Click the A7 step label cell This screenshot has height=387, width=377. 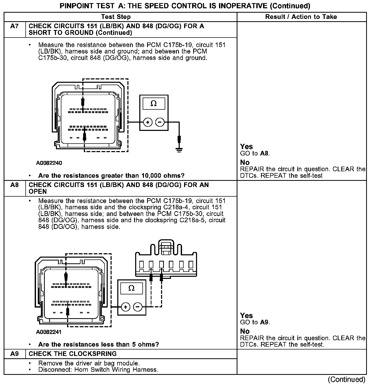click(x=15, y=26)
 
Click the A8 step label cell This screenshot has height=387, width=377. click(x=15, y=185)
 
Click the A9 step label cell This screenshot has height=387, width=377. click(x=15, y=354)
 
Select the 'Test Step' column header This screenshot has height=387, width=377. click(x=116, y=17)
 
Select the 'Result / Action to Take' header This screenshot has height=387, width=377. click(x=301, y=17)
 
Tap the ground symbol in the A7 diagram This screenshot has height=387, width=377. click(x=179, y=149)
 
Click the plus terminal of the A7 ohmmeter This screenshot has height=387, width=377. click(x=148, y=122)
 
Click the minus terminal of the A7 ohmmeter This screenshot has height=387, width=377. click(x=160, y=122)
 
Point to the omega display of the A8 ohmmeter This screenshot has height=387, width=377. click(x=131, y=288)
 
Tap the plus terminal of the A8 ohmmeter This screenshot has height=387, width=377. click(x=126, y=307)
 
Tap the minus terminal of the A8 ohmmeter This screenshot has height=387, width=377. click(x=137, y=307)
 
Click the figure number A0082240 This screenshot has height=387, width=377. click(x=49, y=163)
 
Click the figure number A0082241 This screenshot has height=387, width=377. click(x=49, y=332)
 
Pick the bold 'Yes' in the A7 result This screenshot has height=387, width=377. click(x=246, y=147)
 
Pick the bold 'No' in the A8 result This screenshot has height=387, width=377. click(x=245, y=331)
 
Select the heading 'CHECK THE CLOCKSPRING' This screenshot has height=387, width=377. click(x=72, y=354)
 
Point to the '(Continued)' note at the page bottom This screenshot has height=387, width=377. click(x=346, y=379)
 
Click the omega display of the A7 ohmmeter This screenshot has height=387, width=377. click(x=154, y=104)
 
